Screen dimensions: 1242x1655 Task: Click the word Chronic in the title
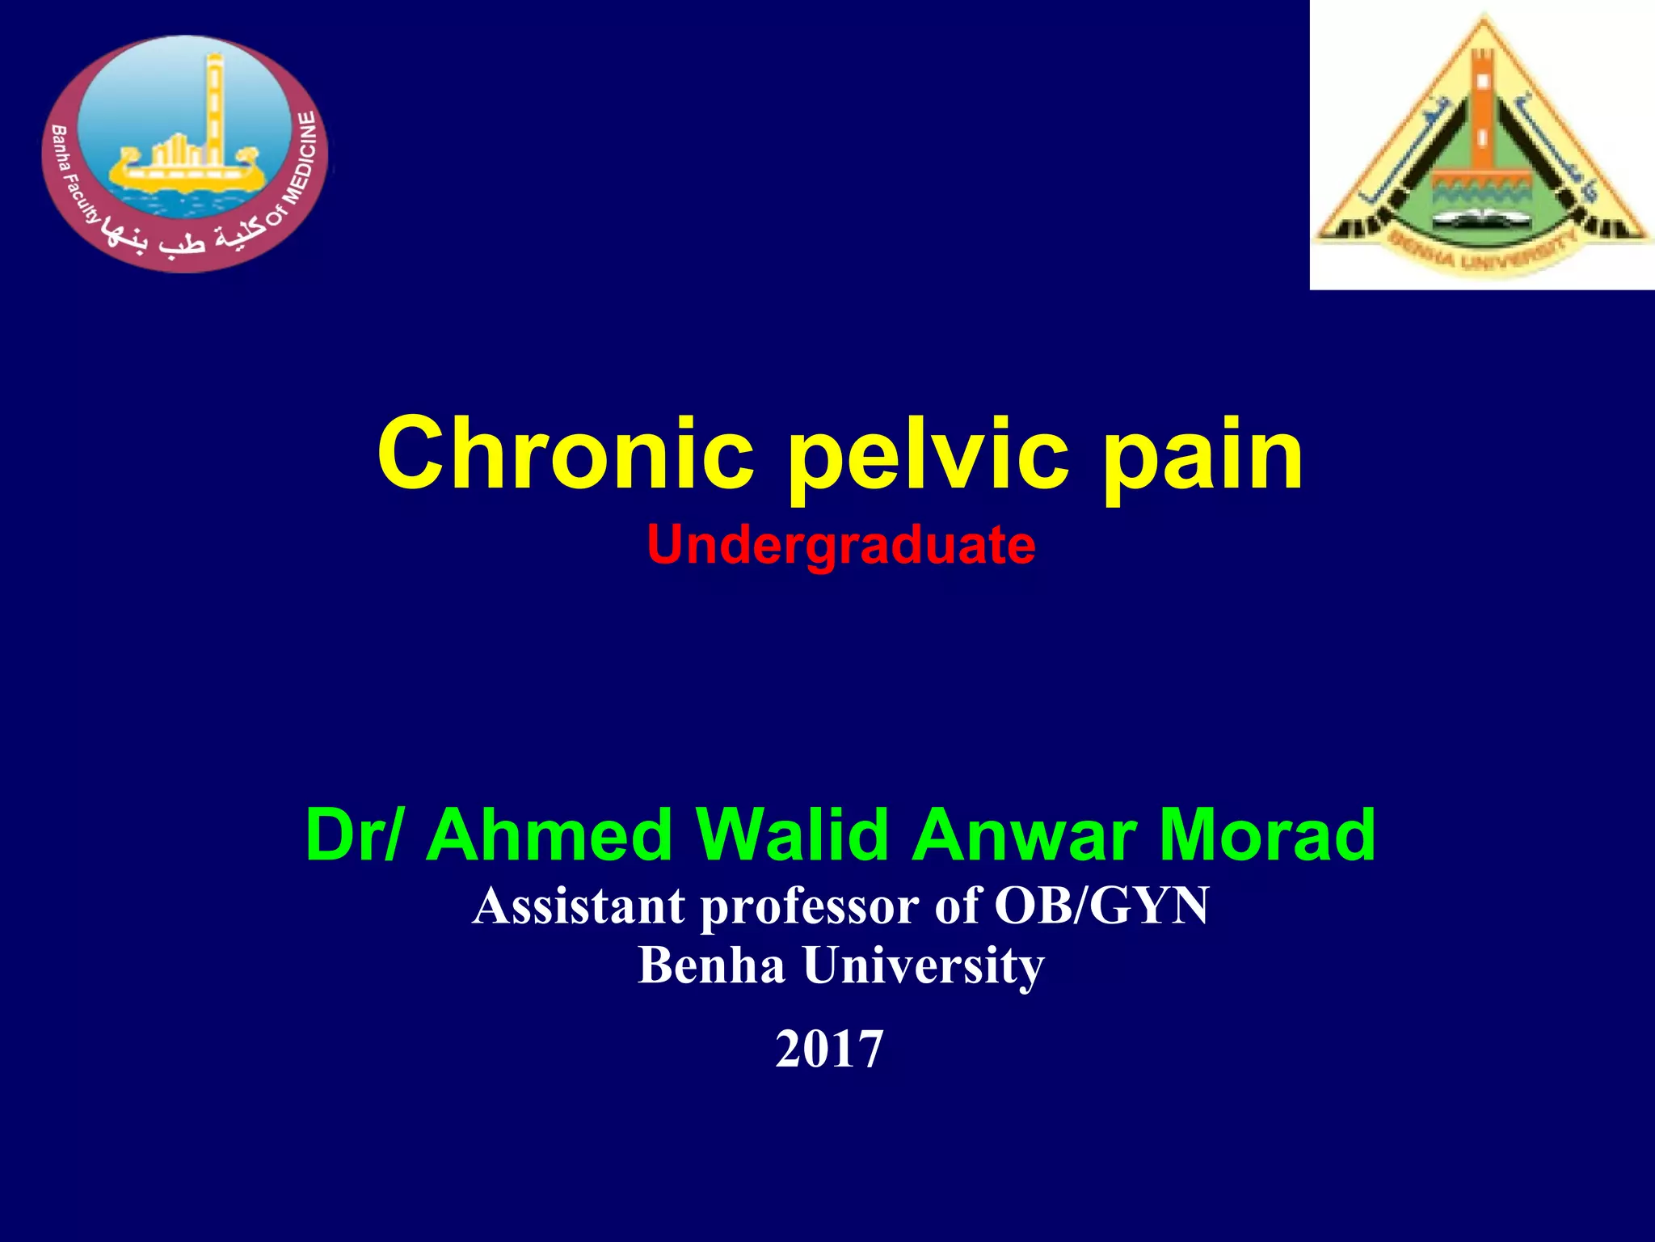tap(566, 454)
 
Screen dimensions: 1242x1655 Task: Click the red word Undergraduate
tap(840, 546)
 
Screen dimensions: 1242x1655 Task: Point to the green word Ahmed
tap(550, 834)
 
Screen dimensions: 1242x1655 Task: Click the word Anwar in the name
tap(1023, 834)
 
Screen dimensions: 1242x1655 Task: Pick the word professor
tap(809, 907)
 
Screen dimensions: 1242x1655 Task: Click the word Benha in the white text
tap(711, 965)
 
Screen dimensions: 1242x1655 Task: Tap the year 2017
tap(829, 1050)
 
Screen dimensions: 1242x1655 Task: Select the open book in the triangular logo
tap(1483, 217)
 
